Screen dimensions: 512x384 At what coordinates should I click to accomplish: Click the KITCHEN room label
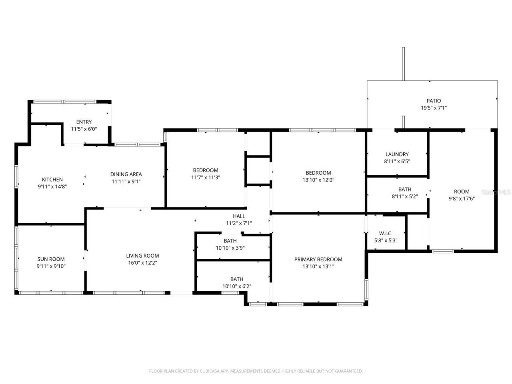pyautogui.click(x=52, y=180)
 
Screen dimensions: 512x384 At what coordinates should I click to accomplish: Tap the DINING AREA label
pyautogui.click(x=126, y=174)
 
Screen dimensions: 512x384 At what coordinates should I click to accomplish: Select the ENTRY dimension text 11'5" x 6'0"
pyautogui.click(x=84, y=129)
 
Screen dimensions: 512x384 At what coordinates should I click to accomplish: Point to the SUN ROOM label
pyautogui.click(x=51, y=259)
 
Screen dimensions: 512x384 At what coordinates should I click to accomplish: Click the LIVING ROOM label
pyautogui.click(x=142, y=256)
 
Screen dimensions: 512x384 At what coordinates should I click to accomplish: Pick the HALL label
pyautogui.click(x=239, y=216)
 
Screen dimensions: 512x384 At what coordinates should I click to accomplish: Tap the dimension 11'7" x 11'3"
pyautogui.click(x=206, y=178)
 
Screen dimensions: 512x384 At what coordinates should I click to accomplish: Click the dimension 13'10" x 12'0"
pyautogui.click(x=318, y=180)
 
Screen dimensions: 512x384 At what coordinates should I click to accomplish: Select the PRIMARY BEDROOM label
pyautogui.click(x=318, y=259)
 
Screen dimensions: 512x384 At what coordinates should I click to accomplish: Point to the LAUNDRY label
pyautogui.click(x=397, y=154)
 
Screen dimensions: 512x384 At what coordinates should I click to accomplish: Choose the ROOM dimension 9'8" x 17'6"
pyautogui.click(x=462, y=199)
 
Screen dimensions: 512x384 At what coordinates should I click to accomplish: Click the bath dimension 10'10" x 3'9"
pyautogui.click(x=230, y=248)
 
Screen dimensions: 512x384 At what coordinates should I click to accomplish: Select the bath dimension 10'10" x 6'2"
pyautogui.click(x=237, y=286)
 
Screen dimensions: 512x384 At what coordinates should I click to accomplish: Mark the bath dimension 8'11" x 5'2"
pyautogui.click(x=405, y=196)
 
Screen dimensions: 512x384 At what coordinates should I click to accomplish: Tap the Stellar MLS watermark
pyautogui.click(x=496, y=192)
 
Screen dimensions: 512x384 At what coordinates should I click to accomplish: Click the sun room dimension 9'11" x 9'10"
pyautogui.click(x=51, y=266)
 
